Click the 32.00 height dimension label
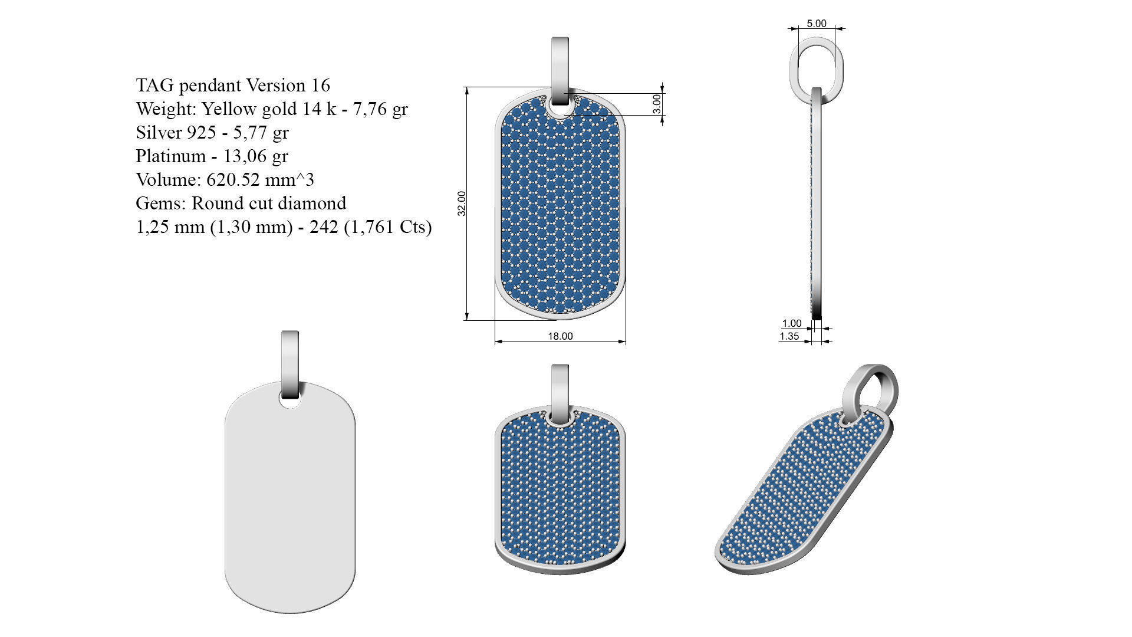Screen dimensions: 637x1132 pos(462,203)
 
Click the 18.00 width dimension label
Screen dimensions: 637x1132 pos(560,336)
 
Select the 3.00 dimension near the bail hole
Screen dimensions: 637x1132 pos(657,104)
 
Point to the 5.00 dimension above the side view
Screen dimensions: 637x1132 pos(817,24)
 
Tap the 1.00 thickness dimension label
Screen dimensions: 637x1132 pos(791,323)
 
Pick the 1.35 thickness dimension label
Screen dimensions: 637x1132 pos(789,336)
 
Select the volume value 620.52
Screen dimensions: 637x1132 pos(240,180)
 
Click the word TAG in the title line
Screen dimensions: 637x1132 pos(154,86)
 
